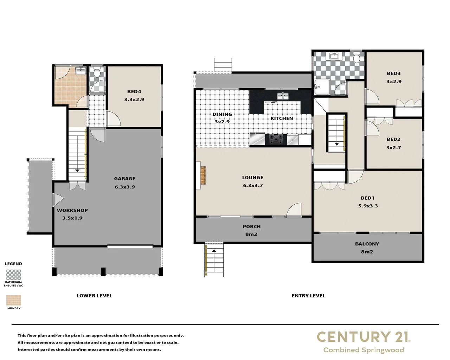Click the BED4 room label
pyautogui.click(x=134, y=91)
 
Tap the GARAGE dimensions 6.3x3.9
pyautogui.click(x=124, y=187)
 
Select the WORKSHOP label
pyautogui.click(x=72, y=210)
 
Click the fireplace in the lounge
pyautogui.click(x=203, y=175)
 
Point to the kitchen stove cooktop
pyautogui.click(x=276, y=140)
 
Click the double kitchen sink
pyautogui.click(x=282, y=96)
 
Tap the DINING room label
pyautogui.click(x=222, y=114)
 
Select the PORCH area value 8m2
pyautogui.click(x=251, y=234)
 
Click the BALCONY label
pyautogui.click(x=367, y=244)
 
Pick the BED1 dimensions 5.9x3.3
pyautogui.click(x=368, y=206)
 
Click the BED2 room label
pyautogui.click(x=393, y=139)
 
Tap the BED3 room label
pyautogui.click(x=394, y=73)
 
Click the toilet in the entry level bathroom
pyautogui.click(x=356, y=57)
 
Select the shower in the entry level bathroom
pyautogui.click(x=321, y=87)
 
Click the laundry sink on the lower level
pyautogui.click(x=81, y=71)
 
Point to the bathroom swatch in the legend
pyautogui.click(x=14, y=275)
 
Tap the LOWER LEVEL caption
pyautogui.click(x=94, y=296)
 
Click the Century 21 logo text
pyautogui.click(x=363, y=337)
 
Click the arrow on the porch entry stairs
pyautogui.click(x=214, y=251)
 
